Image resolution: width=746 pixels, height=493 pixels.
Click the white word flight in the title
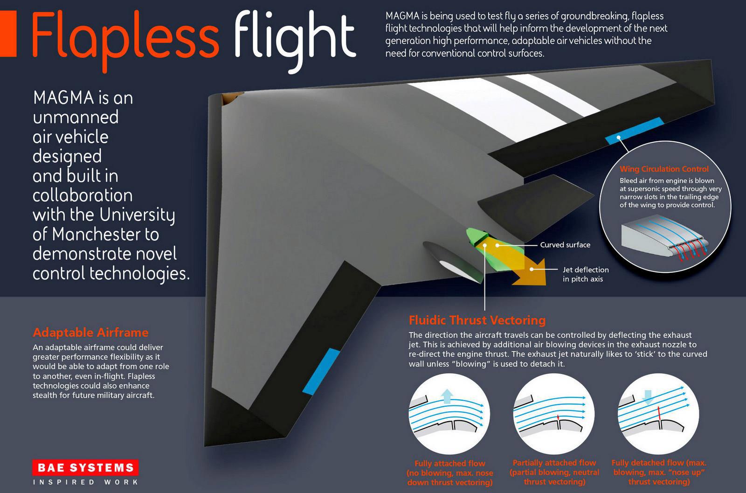point(295,42)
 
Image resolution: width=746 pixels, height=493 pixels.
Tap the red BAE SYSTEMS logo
point(85,468)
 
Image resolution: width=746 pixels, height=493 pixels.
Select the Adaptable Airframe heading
point(90,333)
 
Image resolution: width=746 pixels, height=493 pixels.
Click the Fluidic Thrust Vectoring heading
point(477,320)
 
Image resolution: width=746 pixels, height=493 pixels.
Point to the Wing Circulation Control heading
point(664,169)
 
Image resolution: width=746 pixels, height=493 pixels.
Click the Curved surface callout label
point(565,245)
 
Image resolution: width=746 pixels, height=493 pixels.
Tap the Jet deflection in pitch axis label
point(586,274)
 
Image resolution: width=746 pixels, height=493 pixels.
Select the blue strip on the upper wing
point(635,131)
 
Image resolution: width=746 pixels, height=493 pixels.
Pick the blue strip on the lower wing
point(321,372)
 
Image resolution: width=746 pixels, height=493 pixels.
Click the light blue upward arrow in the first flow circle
point(447,396)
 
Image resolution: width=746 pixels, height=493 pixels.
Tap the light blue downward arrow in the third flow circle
point(648,397)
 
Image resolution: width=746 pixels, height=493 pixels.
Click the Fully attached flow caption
point(449,472)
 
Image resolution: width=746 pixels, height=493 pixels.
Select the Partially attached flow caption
point(554,472)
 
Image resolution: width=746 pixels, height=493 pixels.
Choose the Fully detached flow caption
point(659,472)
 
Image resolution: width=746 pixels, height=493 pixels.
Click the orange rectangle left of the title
point(8,33)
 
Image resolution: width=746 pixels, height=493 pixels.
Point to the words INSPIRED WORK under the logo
point(85,482)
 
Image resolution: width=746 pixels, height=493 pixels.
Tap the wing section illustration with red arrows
point(665,240)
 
